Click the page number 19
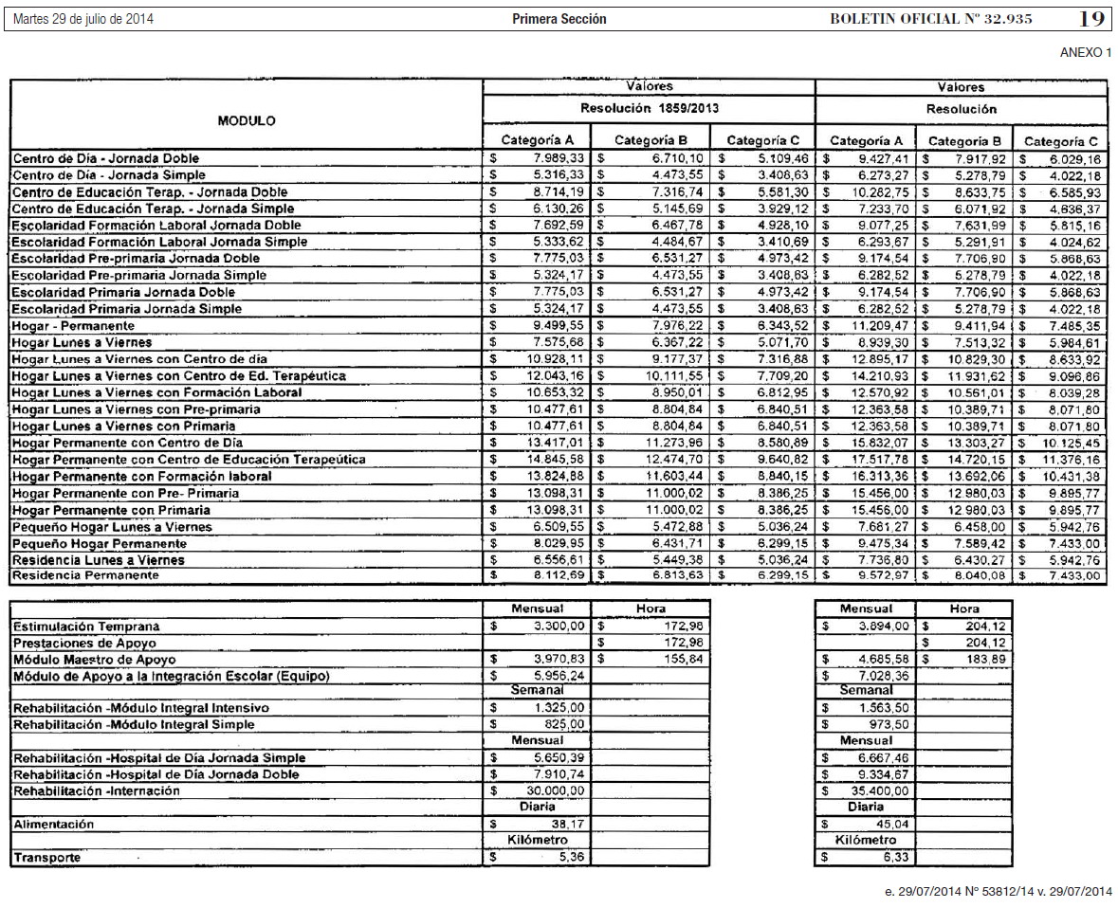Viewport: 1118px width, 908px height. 1092,18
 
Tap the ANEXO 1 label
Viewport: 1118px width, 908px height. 1085,53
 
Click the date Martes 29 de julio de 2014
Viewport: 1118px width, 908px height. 83,19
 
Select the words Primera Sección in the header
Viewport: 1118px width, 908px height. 559,19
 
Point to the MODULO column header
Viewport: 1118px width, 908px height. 247,121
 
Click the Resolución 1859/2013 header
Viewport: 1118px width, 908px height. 649,109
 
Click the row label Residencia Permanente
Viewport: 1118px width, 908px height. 86,575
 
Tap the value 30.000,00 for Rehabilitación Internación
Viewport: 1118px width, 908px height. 559,790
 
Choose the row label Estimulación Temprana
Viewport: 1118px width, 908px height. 86,627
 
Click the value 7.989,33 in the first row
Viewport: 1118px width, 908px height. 559,158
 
